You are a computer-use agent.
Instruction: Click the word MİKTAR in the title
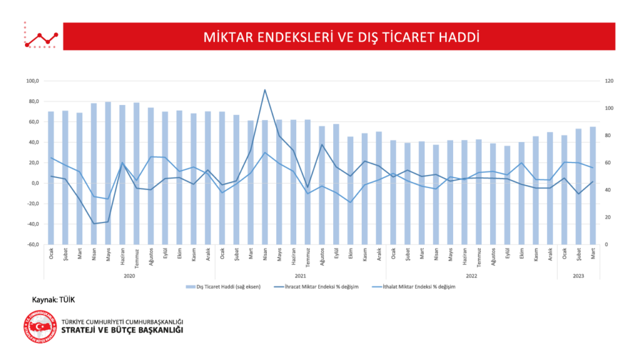point(224,37)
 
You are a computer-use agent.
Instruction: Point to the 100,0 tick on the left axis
point(33,81)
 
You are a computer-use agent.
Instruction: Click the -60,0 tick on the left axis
point(33,244)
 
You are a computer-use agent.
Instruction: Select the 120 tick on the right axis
point(608,81)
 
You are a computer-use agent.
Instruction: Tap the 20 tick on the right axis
point(607,217)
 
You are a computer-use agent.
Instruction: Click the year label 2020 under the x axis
point(129,274)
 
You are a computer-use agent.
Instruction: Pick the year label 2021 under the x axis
point(300,274)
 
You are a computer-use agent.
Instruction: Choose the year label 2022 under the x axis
point(471,274)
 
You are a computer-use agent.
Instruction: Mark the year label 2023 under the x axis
point(579,274)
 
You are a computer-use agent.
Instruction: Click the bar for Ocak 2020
point(51,177)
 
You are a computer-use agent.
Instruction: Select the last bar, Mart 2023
point(592,185)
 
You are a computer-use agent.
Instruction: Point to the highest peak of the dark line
point(265,89)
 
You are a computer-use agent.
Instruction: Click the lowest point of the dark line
point(94,223)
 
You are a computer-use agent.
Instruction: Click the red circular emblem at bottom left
point(41,326)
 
